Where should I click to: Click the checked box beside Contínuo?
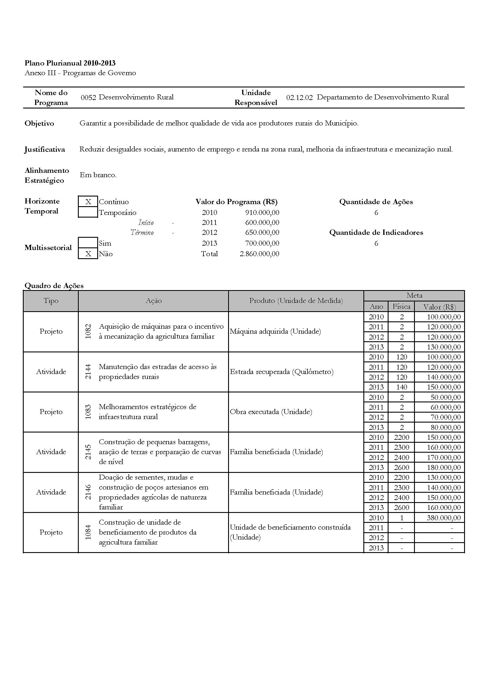[x=88, y=202]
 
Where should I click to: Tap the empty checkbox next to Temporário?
[x=88, y=212]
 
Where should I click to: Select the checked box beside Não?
[x=88, y=254]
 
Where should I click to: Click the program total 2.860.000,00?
[x=259, y=254]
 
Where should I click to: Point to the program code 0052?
[x=88, y=97]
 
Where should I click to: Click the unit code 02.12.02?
[x=300, y=97]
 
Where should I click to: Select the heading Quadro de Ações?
[x=54, y=286]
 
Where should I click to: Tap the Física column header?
[x=401, y=306]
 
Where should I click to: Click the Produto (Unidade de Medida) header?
[x=296, y=301]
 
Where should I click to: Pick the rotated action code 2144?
[x=88, y=372]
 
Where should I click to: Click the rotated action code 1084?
[x=88, y=532]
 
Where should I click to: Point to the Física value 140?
[x=401, y=387]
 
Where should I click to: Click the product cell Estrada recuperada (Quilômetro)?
[x=281, y=372]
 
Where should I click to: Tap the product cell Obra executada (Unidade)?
[x=271, y=412]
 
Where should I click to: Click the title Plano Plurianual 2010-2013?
[x=70, y=63]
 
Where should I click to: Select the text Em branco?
[x=98, y=175]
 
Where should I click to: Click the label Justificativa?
[x=45, y=149]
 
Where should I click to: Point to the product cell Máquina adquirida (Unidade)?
[x=275, y=332]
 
